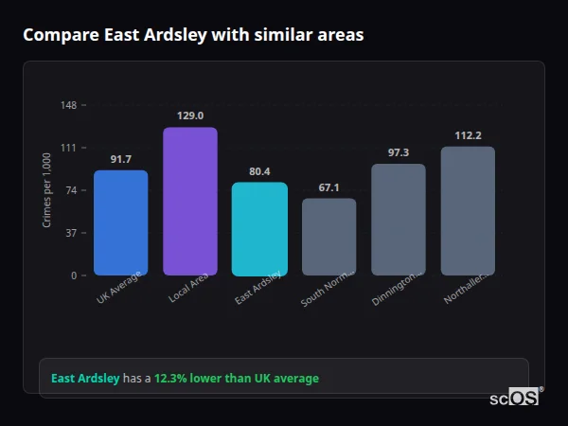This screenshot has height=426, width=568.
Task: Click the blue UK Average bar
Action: click(120, 222)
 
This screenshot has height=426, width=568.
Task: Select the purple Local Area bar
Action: click(190, 201)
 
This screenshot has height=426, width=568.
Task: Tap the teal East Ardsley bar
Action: click(259, 228)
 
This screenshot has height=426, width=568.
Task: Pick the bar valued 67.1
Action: click(328, 237)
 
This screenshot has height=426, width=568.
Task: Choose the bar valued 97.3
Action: click(398, 220)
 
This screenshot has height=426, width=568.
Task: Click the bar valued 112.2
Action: click(468, 210)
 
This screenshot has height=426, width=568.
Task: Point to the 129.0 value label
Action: click(190, 115)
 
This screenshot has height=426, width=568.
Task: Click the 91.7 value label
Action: click(121, 159)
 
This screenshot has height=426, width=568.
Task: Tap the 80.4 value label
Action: click(259, 171)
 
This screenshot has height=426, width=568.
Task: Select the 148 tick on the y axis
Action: click(69, 105)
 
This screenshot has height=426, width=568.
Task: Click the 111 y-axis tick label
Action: click(69, 148)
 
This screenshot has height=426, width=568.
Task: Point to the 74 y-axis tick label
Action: click(71, 190)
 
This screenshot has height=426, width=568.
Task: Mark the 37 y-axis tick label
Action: click(71, 233)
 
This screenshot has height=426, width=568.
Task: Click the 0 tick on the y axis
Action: click(74, 275)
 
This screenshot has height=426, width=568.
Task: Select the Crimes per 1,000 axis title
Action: click(47, 190)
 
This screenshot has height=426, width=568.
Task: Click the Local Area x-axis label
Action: click(189, 288)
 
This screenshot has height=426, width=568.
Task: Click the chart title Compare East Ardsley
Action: click(193, 34)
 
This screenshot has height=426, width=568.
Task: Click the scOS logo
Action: click(515, 398)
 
